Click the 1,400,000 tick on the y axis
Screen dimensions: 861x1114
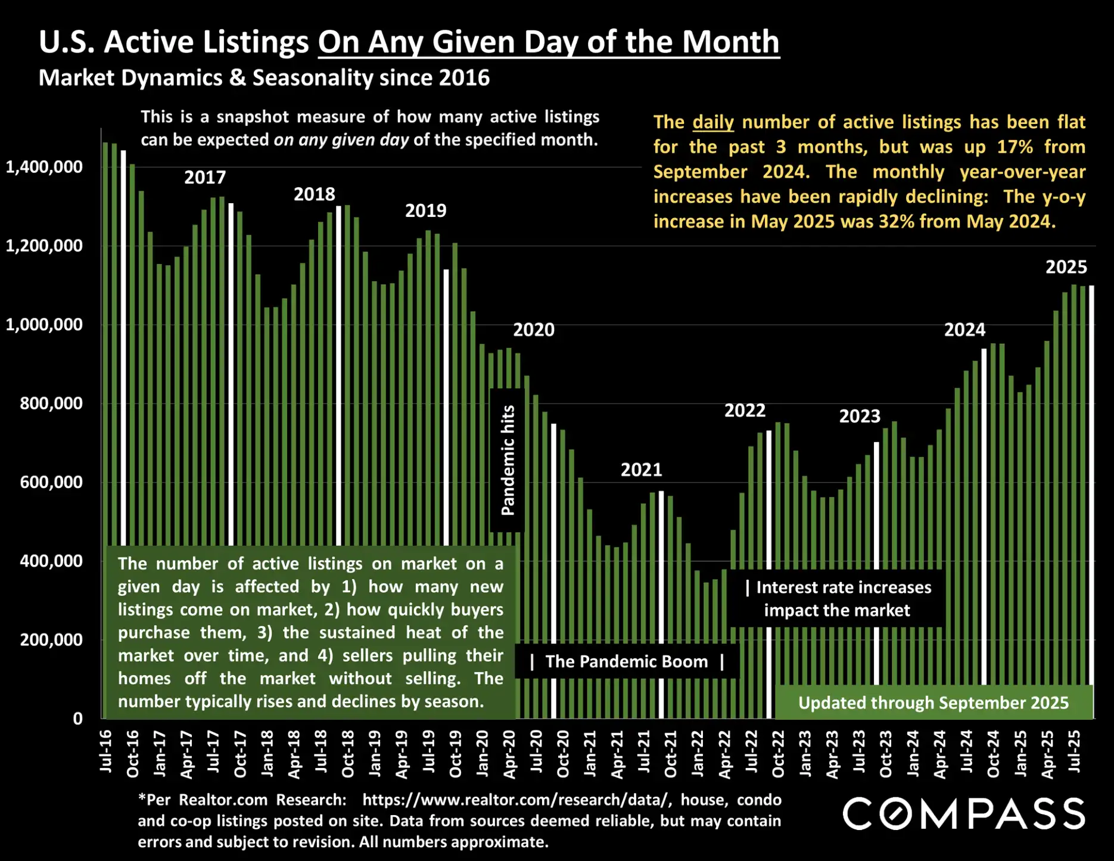pos(44,167)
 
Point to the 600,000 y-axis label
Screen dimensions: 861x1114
pos(51,482)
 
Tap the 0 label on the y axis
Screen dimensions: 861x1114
pos(77,719)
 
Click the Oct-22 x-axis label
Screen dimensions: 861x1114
pos(778,754)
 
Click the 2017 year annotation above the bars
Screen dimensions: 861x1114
pos(205,178)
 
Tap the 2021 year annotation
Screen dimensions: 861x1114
pos(641,470)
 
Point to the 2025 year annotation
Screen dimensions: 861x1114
pos(1066,267)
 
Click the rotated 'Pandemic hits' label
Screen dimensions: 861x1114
pos(508,460)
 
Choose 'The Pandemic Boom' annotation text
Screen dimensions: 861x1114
pos(626,661)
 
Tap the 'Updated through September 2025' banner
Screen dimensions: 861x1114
pos(933,703)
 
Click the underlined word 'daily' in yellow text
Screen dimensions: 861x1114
pos(712,122)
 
